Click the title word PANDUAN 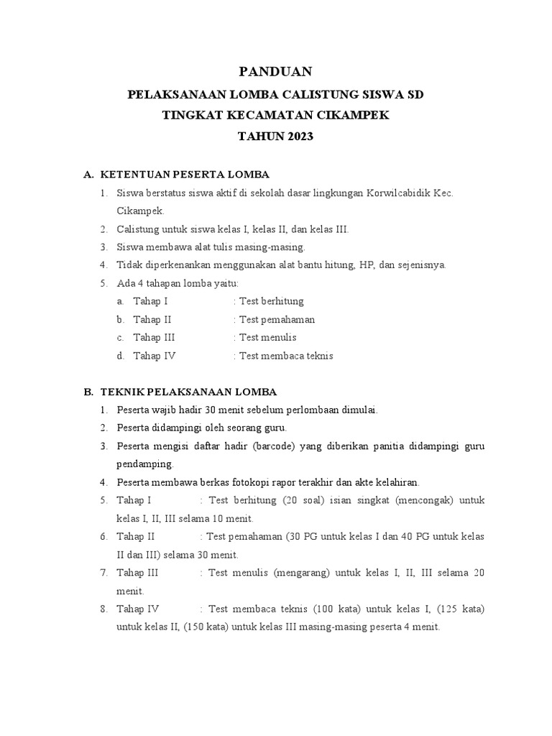click(x=275, y=70)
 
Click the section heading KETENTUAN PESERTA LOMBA click(x=185, y=175)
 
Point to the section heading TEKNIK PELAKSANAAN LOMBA click(x=188, y=392)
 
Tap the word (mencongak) click(x=422, y=500)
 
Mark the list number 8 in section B click(x=103, y=609)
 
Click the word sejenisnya click(x=422, y=264)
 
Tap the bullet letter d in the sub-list click(x=119, y=355)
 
